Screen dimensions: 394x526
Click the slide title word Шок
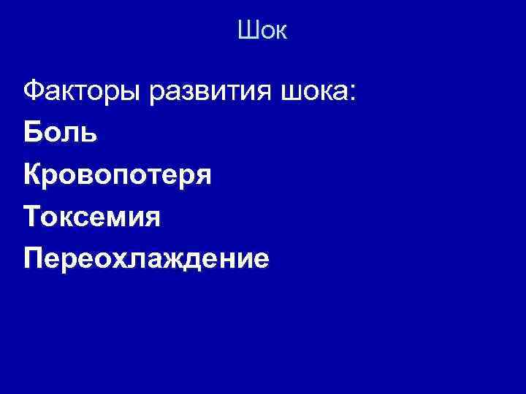tap(263, 31)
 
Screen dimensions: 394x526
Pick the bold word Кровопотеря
tap(118, 176)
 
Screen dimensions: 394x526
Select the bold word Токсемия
tap(91, 217)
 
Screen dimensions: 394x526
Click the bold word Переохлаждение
tap(146, 259)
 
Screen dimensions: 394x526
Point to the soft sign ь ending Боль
tap(88, 134)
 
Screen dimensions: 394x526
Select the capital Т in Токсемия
tap(32, 217)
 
